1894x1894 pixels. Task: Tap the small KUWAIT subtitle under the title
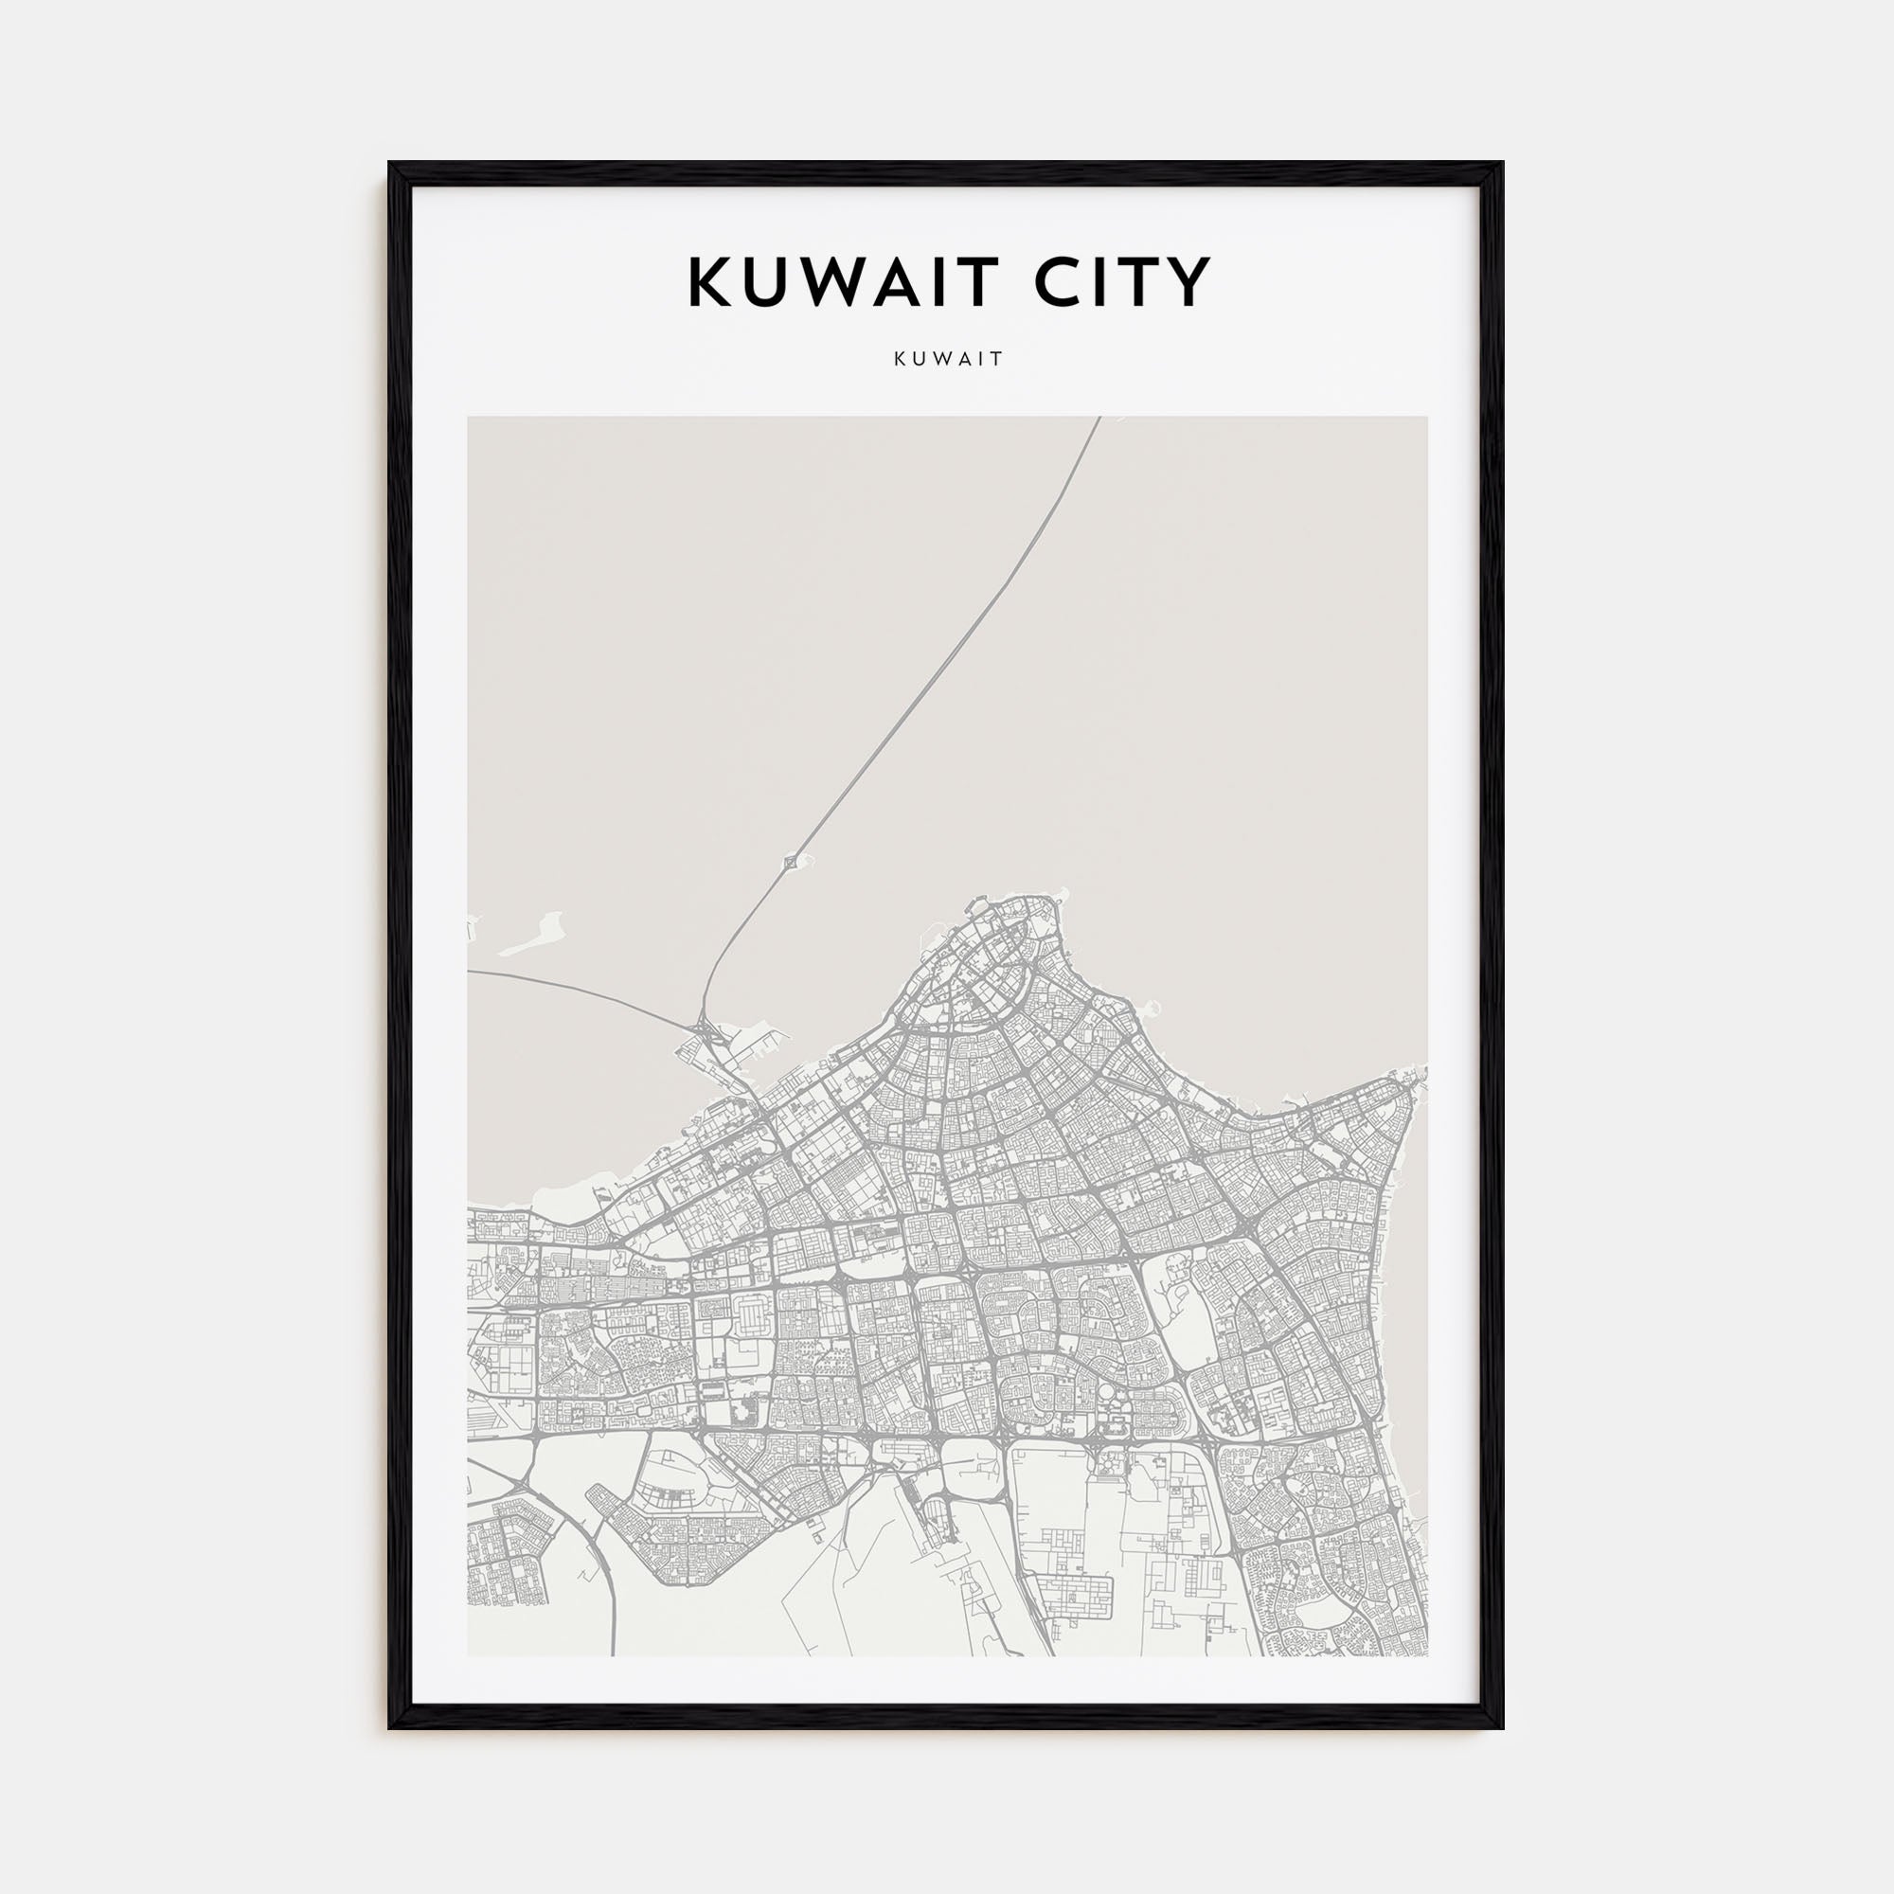(948, 359)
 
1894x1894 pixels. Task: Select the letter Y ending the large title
(1190, 282)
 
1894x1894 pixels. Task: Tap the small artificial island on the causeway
(791, 863)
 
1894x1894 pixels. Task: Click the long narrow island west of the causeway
(534, 938)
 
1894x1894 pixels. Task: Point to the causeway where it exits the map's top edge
(1098, 420)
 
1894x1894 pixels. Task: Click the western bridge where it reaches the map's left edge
(472, 972)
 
